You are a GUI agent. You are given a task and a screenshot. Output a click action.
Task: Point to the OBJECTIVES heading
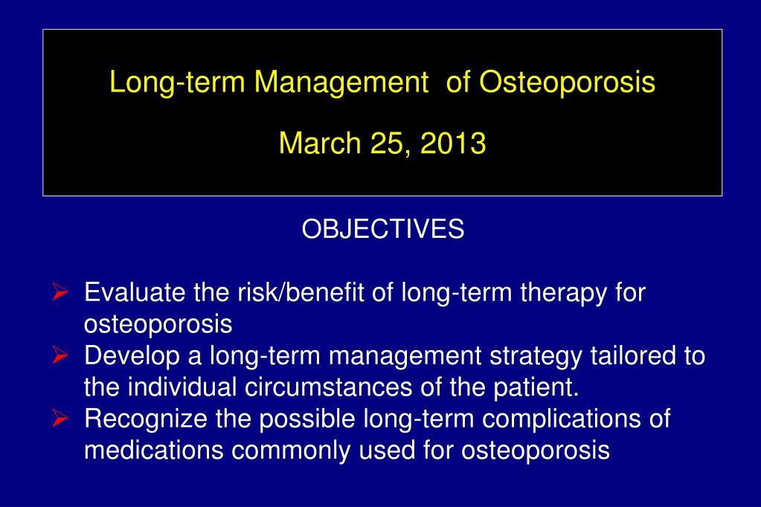pos(382,230)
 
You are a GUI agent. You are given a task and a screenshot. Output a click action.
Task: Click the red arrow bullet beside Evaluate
pos(62,293)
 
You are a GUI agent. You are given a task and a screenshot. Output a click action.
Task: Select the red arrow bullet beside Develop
pos(62,356)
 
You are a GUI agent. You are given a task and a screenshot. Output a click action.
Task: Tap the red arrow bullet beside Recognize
pos(62,419)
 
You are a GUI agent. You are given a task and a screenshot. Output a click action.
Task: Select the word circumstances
pos(330,387)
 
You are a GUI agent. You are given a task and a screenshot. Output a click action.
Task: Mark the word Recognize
pos(147,420)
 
